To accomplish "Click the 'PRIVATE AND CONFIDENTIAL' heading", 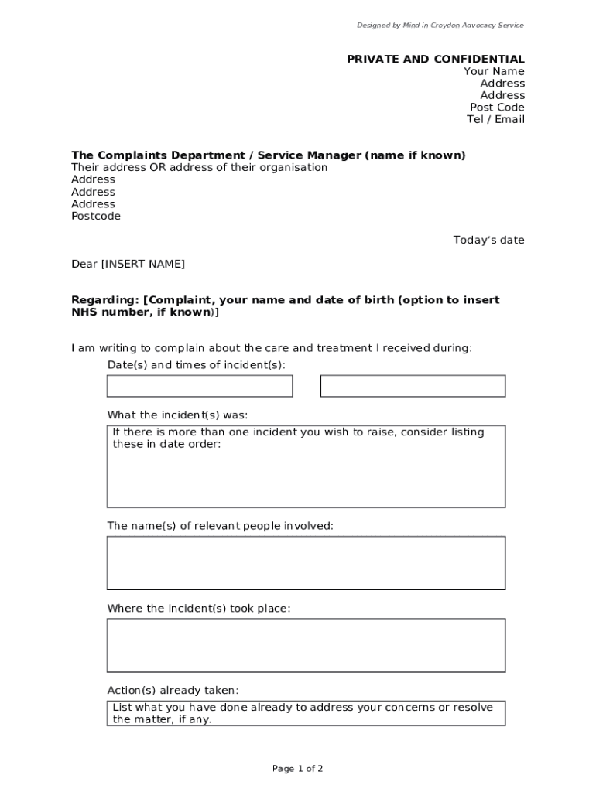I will click(x=435, y=60).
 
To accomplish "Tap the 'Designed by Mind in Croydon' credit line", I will click(x=440, y=26).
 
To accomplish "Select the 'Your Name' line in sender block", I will click(x=494, y=72).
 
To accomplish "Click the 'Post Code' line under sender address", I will click(x=497, y=108).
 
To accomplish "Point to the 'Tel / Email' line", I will click(x=495, y=119).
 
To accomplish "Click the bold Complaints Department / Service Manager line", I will click(x=269, y=155).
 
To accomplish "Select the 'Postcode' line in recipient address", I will click(x=96, y=217).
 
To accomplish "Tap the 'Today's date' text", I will click(x=488, y=241).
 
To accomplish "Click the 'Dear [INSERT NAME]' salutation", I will click(x=128, y=265).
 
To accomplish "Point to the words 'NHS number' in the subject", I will click(x=103, y=312).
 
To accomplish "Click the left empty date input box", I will click(x=200, y=386).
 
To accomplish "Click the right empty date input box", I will click(x=413, y=386).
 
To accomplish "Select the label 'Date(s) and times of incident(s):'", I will click(x=197, y=365).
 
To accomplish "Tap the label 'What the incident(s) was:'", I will click(x=177, y=415).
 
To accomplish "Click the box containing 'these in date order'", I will click(x=306, y=466).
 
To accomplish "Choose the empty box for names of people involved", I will click(x=306, y=563).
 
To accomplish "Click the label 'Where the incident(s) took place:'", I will click(x=199, y=609).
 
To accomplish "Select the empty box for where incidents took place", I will click(x=306, y=645).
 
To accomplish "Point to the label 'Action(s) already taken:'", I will click(x=173, y=691).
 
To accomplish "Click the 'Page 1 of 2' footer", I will click(x=297, y=769).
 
